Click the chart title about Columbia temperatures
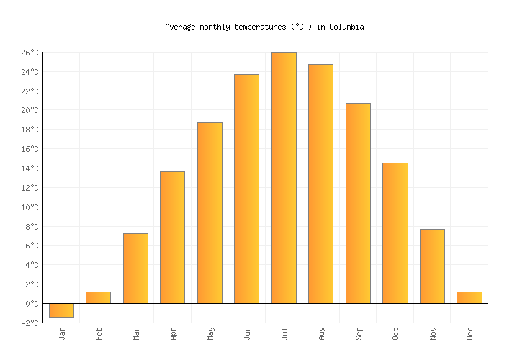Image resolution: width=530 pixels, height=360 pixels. click(x=264, y=27)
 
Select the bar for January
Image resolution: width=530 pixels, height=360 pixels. click(x=61, y=310)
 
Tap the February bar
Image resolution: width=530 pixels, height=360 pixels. click(x=98, y=297)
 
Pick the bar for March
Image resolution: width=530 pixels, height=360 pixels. click(x=135, y=268)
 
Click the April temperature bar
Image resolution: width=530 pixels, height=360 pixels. click(x=172, y=238)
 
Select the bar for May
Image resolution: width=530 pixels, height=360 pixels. click(x=210, y=213)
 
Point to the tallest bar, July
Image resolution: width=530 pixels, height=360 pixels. click(x=284, y=178)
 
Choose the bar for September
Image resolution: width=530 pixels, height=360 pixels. click(x=358, y=203)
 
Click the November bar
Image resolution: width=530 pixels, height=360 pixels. click(x=432, y=266)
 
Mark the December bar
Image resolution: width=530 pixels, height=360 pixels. click(x=469, y=297)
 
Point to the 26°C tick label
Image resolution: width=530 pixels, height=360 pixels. click(x=29, y=53)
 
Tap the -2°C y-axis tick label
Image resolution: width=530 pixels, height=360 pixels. click(x=29, y=323)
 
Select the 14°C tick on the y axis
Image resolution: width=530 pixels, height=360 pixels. click(x=29, y=168)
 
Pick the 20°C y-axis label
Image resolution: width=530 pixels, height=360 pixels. click(x=29, y=110)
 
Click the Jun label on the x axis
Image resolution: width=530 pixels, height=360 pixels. click(x=247, y=333)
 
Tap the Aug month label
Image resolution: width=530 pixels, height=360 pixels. click(x=321, y=333)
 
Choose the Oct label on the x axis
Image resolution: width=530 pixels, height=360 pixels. click(x=395, y=333)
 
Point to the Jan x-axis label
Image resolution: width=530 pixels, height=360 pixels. click(x=62, y=333)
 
